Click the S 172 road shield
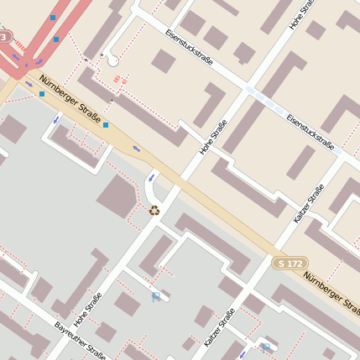click(290, 263)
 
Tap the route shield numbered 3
click(6, 38)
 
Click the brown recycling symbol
click(154, 211)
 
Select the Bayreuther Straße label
click(80, 340)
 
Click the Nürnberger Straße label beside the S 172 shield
click(332, 293)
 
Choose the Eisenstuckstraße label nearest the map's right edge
click(310, 131)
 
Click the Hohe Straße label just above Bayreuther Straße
click(87, 309)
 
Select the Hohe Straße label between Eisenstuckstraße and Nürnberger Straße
click(213, 138)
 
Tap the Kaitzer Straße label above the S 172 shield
click(309, 204)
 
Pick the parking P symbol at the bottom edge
click(265, 347)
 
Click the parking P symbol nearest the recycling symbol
click(155, 296)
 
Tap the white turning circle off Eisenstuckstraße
click(112, 60)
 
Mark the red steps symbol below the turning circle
click(118, 80)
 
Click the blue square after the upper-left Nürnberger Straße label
click(106, 125)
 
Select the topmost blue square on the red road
click(54, 17)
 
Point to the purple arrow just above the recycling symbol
click(152, 177)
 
